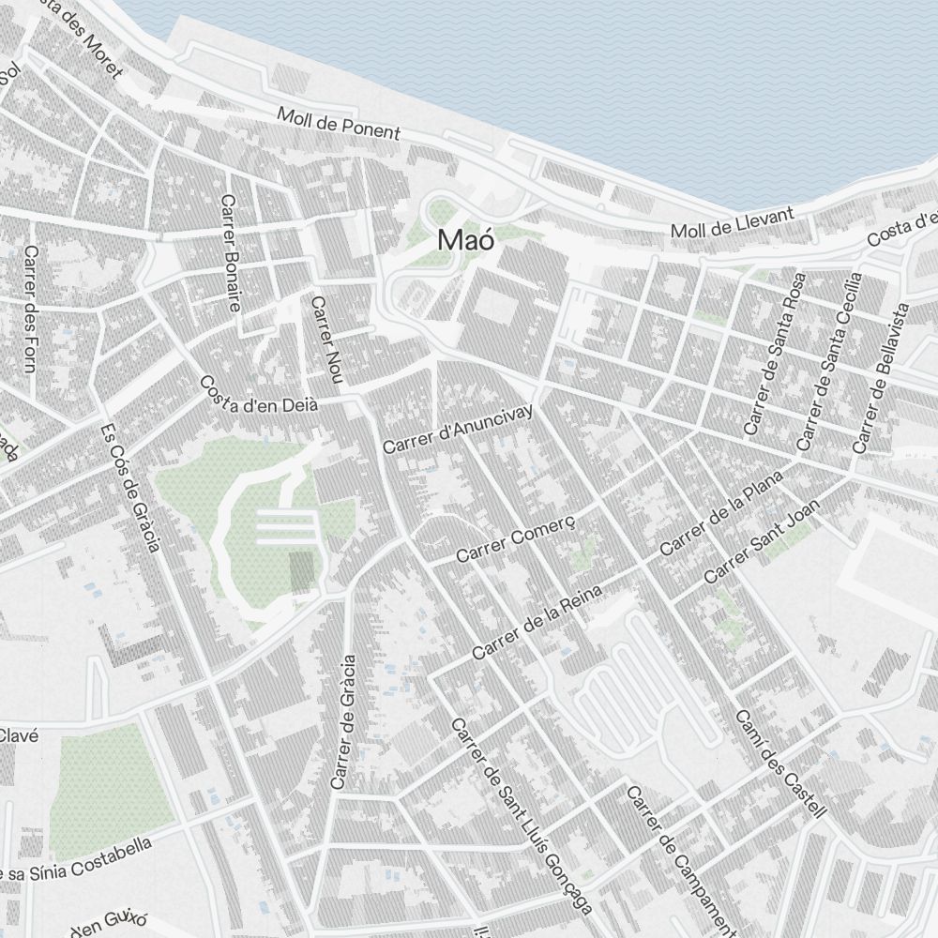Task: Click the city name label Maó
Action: pos(465,240)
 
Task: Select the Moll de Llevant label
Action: pos(733,222)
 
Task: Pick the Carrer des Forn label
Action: pos(30,309)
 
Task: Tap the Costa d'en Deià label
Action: pos(260,395)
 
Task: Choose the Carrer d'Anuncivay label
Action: pos(458,429)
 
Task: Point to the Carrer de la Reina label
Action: pos(537,620)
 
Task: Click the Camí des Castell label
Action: pos(780,763)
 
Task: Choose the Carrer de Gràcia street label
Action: pos(343,721)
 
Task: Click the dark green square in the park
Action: pos(302,571)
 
